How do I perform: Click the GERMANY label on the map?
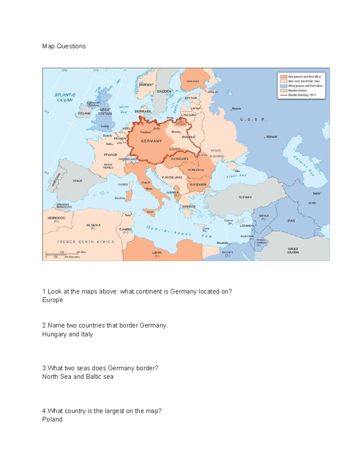[151, 141]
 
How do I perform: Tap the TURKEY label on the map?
[245, 197]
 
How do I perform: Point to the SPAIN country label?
[77, 181]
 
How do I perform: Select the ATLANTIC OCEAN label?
[65, 98]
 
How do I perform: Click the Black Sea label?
[236, 176]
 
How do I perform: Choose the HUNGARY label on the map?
[180, 159]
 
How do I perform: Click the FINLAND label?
[193, 81]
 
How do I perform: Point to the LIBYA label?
[157, 253]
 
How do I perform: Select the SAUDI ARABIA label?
[293, 251]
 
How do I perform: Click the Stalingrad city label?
[271, 137]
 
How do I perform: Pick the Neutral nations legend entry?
[297, 90]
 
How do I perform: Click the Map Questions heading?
[64, 46]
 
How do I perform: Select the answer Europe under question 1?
[52, 300]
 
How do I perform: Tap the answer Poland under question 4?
[52, 419]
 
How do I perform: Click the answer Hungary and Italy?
[67, 334]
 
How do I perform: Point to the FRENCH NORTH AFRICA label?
[85, 242]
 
